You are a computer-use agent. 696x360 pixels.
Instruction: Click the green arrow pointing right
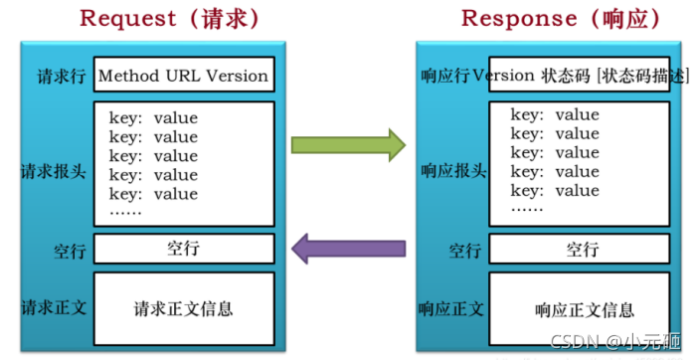click(x=348, y=145)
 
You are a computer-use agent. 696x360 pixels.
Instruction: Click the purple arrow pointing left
click(x=348, y=249)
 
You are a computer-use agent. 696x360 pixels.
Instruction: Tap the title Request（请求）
click(x=170, y=19)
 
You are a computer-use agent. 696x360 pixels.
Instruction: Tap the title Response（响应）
click(x=562, y=19)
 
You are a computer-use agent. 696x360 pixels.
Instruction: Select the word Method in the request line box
click(x=129, y=76)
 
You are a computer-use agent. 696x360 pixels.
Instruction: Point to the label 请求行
click(x=61, y=77)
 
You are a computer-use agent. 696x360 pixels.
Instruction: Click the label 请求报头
click(x=54, y=171)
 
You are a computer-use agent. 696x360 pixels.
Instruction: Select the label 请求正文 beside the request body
click(x=54, y=307)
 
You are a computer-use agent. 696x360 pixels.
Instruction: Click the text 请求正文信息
click(x=183, y=309)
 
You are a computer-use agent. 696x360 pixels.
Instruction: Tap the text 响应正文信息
click(x=585, y=310)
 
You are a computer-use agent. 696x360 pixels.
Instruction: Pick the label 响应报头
click(x=453, y=171)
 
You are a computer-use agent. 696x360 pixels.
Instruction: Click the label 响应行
click(x=445, y=77)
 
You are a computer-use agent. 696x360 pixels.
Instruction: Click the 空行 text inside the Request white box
click(x=183, y=249)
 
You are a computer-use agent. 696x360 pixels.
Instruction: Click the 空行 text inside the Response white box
click(x=583, y=249)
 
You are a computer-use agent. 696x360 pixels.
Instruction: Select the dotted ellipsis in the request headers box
click(x=125, y=212)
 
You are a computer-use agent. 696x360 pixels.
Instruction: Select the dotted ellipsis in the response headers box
click(x=527, y=209)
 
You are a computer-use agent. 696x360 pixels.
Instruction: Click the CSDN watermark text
click(x=615, y=341)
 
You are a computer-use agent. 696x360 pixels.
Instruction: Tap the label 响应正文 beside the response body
click(x=451, y=309)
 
